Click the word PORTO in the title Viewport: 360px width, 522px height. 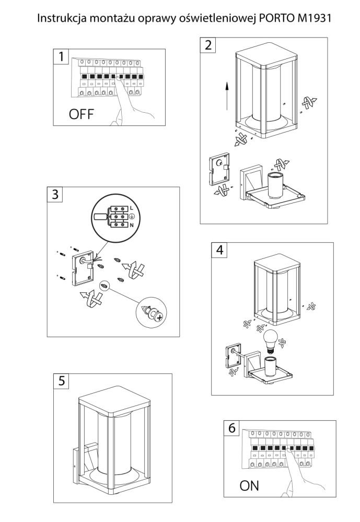(274, 19)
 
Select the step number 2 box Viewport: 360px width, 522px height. (209, 44)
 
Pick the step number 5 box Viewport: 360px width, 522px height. (62, 381)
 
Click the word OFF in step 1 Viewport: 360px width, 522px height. (82, 114)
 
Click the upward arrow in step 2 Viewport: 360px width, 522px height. (227, 94)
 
